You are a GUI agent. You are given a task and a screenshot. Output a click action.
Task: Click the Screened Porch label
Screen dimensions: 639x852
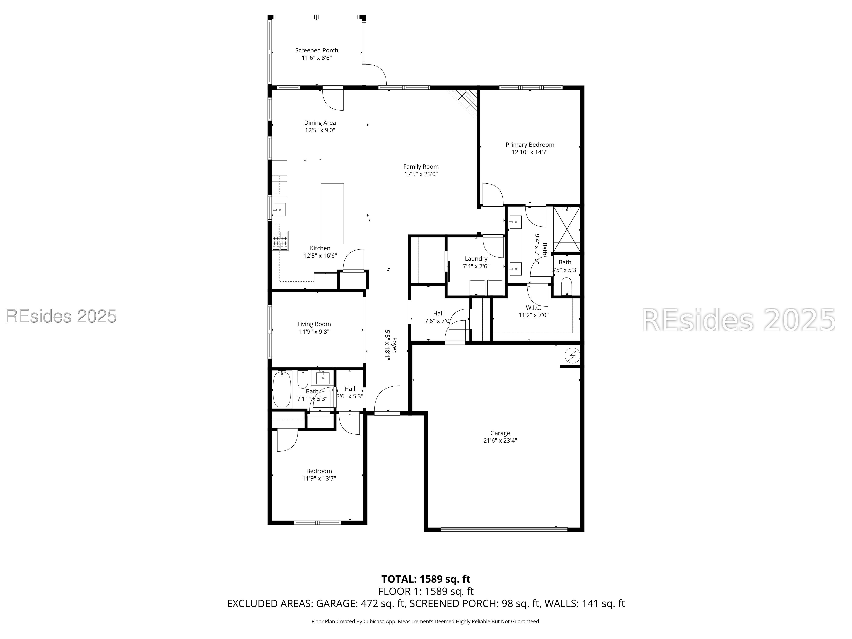pyautogui.click(x=316, y=50)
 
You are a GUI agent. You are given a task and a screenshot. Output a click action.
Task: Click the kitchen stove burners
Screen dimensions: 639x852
pyautogui.click(x=280, y=241)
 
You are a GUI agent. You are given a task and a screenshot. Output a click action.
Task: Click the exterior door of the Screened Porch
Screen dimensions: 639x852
pyautogui.click(x=376, y=75)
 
